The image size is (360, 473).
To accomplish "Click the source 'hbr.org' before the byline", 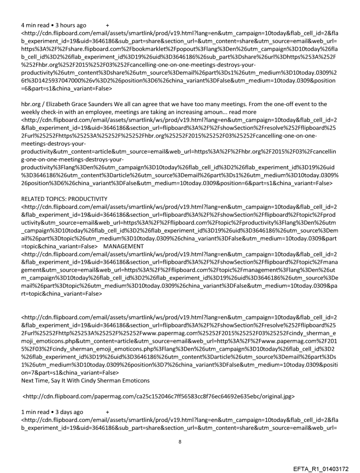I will click(31, 104).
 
